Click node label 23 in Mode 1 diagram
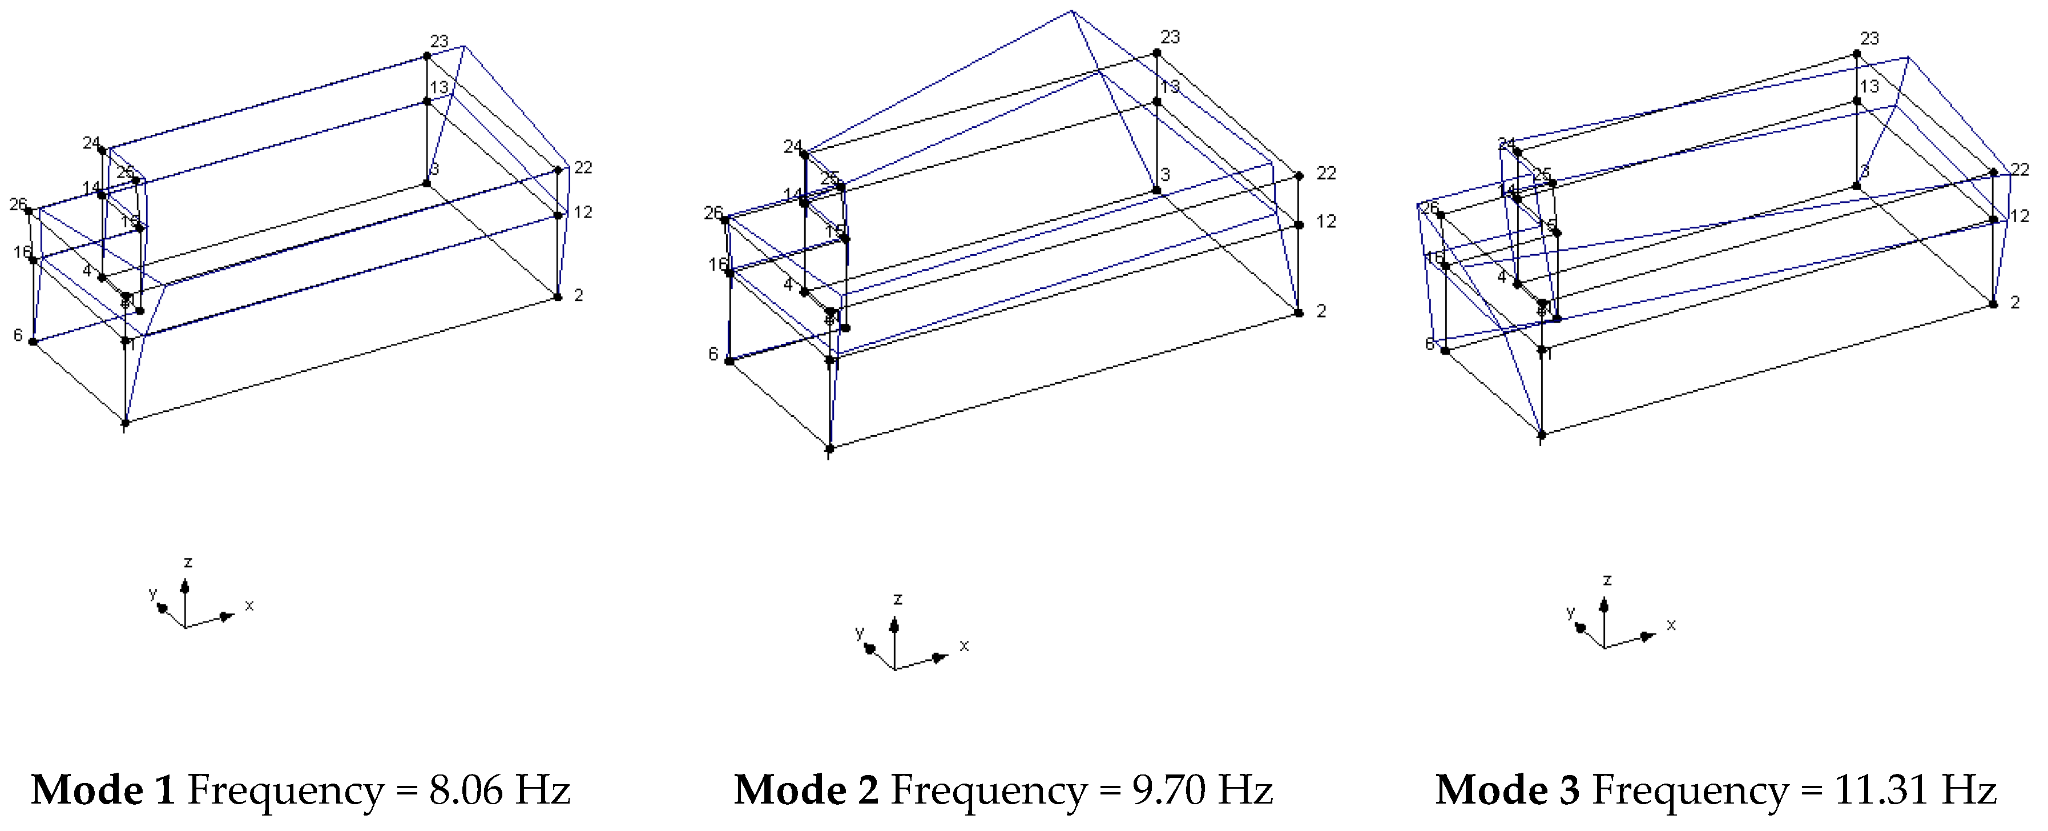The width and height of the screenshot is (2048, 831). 440,41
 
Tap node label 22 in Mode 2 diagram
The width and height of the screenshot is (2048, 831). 1326,174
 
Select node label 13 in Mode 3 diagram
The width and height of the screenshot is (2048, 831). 1870,86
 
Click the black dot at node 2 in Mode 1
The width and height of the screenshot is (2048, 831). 558,298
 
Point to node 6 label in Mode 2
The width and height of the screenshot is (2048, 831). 713,354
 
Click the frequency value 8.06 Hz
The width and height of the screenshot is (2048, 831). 499,790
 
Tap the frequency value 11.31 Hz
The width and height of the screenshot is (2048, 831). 1914,790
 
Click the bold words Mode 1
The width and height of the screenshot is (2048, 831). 103,790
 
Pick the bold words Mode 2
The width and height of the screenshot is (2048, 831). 805,790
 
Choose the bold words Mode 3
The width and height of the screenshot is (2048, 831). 1507,790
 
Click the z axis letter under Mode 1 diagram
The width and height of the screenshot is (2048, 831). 188,562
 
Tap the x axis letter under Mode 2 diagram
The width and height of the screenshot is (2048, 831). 965,646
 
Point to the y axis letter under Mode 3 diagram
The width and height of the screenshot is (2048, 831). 1570,612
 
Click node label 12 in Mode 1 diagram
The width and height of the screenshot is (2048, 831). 583,212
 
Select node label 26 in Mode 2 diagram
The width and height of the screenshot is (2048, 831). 712,213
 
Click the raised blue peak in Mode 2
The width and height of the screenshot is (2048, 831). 1072,12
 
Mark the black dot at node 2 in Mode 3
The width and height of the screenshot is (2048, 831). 1993,304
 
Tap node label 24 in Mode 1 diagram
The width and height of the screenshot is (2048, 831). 91,143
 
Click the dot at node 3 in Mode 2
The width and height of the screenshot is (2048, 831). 1157,191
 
